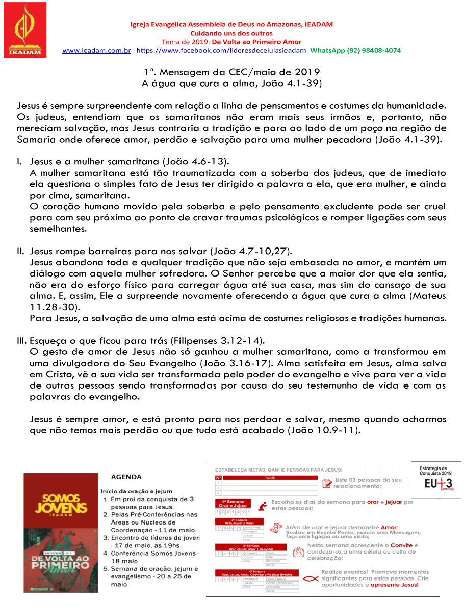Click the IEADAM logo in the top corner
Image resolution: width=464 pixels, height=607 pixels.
pos(25,30)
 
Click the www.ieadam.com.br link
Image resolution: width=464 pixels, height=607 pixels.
pos(96,51)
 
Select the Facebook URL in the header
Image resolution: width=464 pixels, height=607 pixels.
pos(221,51)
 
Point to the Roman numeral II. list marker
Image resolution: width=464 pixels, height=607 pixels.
pos(21,252)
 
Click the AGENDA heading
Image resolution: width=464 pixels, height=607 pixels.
pos(126,477)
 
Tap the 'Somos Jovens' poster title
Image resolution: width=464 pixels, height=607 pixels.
pos(59,503)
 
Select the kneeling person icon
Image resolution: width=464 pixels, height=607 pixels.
pos(262,506)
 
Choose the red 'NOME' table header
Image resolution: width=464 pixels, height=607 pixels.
pos(270,478)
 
